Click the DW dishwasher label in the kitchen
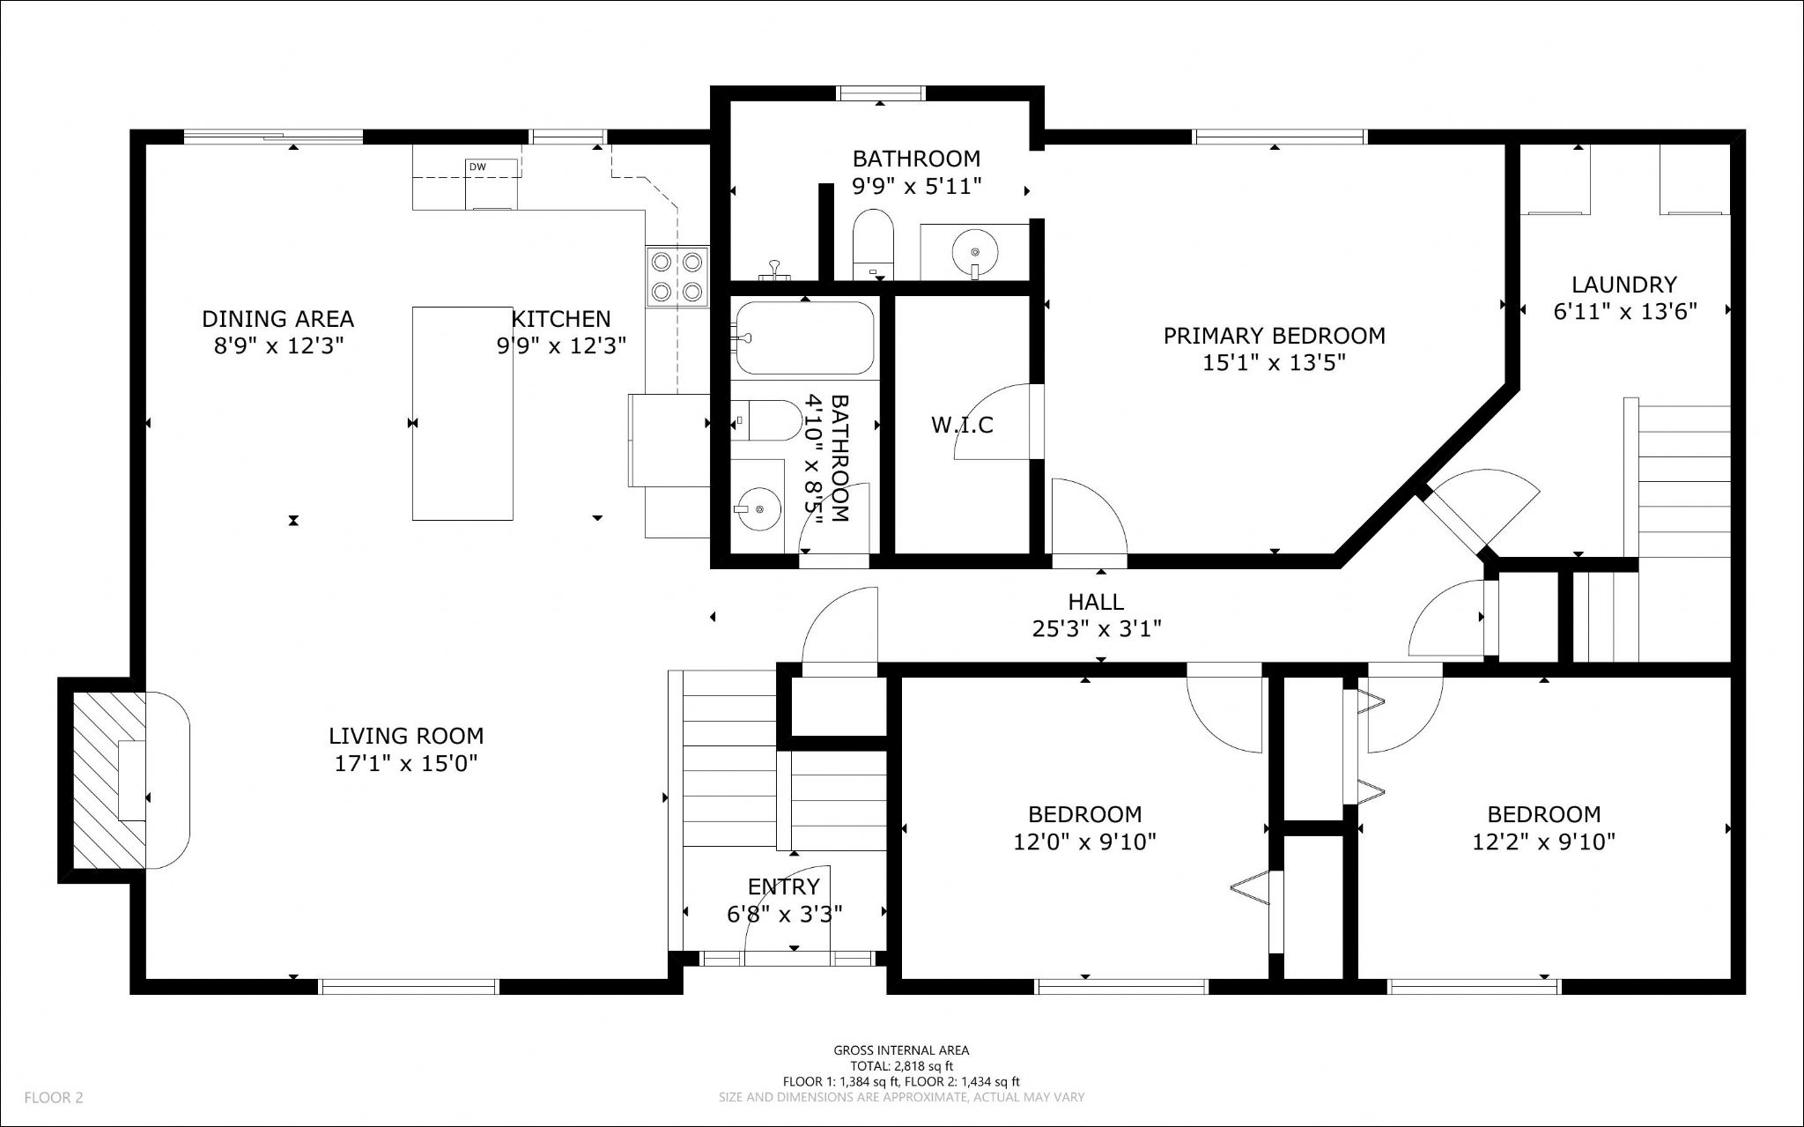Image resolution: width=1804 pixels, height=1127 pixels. [477, 167]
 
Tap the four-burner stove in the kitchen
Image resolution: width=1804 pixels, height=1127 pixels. [676, 276]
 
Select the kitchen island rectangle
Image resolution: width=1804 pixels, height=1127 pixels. [463, 413]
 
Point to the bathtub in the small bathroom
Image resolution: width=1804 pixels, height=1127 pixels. [804, 337]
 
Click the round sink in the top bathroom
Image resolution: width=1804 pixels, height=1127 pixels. [975, 252]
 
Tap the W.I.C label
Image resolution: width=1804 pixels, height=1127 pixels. [962, 426]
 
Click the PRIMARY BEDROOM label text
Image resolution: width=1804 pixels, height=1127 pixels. [1274, 336]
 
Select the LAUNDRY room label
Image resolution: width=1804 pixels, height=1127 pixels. [1624, 285]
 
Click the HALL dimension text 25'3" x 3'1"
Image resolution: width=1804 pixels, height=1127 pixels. [1097, 629]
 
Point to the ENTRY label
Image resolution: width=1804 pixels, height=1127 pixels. [784, 886]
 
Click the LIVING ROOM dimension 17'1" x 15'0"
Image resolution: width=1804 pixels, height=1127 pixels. [406, 763]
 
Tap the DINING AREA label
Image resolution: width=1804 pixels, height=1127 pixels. [278, 318]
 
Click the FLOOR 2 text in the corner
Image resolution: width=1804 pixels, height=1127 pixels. [54, 1098]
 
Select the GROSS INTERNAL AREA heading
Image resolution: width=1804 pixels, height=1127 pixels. [901, 1050]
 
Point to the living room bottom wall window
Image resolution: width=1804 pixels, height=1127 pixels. [409, 987]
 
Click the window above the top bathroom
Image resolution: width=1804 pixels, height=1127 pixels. [881, 93]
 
